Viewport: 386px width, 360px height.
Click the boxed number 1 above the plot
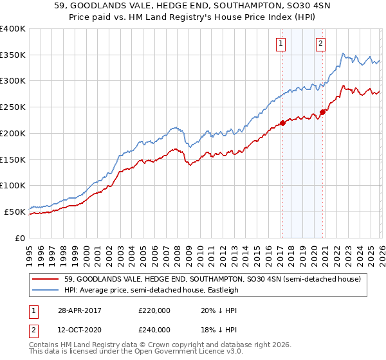pos(282,44)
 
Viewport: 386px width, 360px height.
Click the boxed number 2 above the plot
pos(320,44)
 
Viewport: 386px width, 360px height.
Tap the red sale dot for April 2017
pos(282,123)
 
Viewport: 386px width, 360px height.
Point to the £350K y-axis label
pos(13,55)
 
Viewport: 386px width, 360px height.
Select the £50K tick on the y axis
pos(15,212)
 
